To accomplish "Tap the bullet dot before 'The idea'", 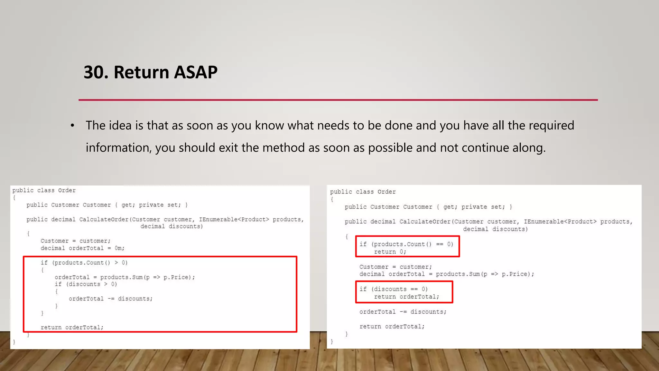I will click(x=73, y=126).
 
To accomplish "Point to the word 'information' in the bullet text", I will click(x=118, y=148).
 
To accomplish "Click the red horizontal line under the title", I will click(x=338, y=100).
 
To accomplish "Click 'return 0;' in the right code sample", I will click(x=390, y=252).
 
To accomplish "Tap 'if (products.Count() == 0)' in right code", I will click(x=406, y=244).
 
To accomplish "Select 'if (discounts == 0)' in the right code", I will click(x=394, y=289).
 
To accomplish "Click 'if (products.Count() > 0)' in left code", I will click(x=84, y=263).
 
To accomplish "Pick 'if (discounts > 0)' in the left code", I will click(x=86, y=284).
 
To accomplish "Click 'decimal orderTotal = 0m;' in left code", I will click(x=82, y=248).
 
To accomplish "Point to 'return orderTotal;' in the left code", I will click(x=72, y=327).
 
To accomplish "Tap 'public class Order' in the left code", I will click(x=44, y=190).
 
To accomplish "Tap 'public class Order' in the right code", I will click(x=363, y=192).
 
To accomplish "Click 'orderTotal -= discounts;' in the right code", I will click(x=403, y=312).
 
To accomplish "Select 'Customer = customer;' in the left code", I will click(x=75, y=241).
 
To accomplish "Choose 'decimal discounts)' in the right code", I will click(x=495, y=229).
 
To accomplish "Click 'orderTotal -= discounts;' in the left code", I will click(x=110, y=299).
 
